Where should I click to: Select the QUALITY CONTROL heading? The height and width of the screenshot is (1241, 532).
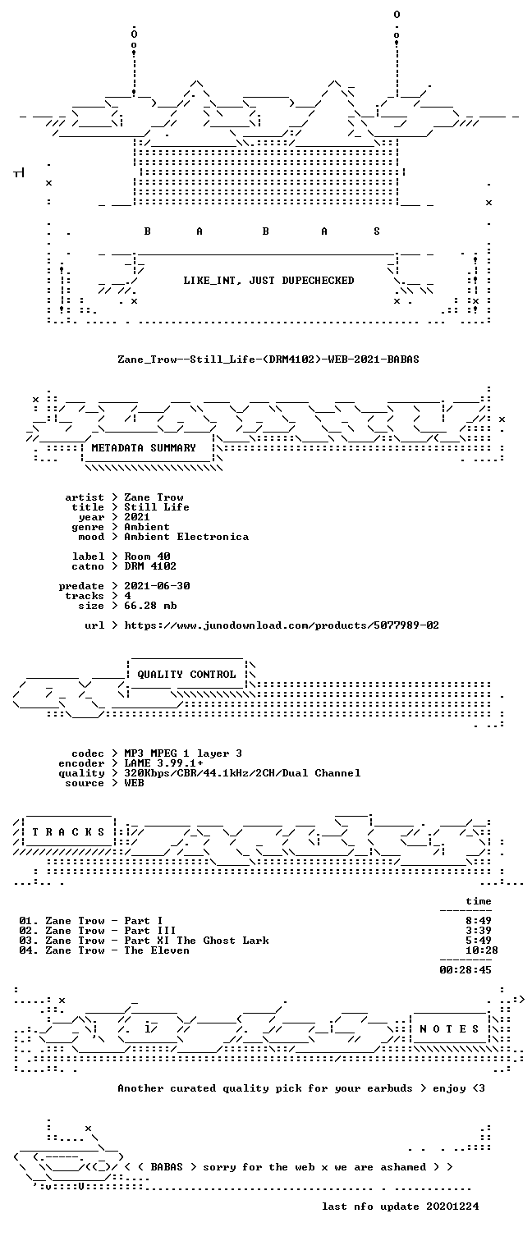[x=186, y=674]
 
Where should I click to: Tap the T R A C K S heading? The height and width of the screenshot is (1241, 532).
[x=68, y=831]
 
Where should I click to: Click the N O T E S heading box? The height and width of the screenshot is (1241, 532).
[x=449, y=1028]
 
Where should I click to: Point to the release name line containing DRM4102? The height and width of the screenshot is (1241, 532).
[x=268, y=359]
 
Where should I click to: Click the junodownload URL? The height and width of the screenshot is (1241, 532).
[x=282, y=625]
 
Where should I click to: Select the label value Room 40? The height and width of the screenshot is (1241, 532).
[x=148, y=556]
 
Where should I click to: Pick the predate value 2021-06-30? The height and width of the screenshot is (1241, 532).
[x=157, y=585]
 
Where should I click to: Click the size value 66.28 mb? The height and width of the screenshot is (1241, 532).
[x=150, y=606]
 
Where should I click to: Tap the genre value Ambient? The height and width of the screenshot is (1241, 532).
[x=147, y=527]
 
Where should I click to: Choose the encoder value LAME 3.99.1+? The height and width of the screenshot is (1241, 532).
[x=163, y=762]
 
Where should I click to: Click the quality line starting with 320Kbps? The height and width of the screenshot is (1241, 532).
[x=242, y=773]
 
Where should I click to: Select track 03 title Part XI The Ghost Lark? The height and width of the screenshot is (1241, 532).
[x=196, y=940]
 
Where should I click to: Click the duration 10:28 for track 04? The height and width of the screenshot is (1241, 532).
[x=482, y=950]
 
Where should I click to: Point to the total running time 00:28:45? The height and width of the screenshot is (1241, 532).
[x=465, y=969]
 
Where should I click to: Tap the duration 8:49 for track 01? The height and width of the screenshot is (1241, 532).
[x=479, y=921]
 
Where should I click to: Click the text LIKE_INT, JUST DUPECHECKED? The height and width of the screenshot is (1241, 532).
[x=268, y=281]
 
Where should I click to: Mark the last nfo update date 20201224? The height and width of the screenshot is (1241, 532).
[x=452, y=1206]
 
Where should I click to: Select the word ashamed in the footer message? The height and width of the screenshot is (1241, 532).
[x=403, y=1167]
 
